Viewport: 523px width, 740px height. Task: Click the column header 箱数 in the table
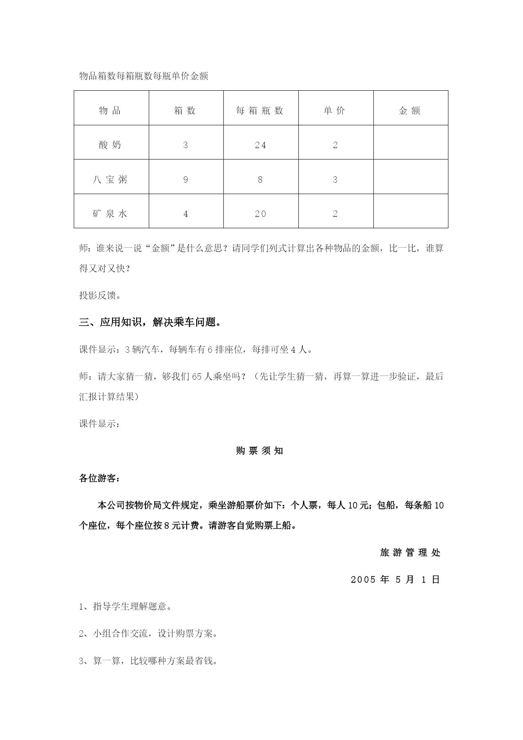pos(185,111)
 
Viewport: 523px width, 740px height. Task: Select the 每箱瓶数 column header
pos(260,111)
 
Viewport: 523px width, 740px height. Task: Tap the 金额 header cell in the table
pos(410,111)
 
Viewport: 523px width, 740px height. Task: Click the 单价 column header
pos(335,111)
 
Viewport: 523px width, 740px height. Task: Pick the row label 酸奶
pos(110,145)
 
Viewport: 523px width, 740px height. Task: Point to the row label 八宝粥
pos(110,180)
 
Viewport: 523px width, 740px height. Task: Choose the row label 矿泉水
pos(110,213)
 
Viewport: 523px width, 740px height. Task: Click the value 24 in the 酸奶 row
pos(260,145)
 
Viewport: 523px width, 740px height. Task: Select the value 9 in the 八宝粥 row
pos(186,180)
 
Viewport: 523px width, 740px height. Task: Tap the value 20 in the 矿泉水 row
pos(260,214)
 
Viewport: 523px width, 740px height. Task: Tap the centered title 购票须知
pos(260,451)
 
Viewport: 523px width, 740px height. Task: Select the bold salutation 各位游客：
pos(100,478)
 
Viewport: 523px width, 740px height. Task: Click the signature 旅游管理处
pos(410,553)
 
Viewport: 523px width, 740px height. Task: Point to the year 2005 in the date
pos(363,580)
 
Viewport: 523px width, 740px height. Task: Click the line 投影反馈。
pos(100,295)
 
